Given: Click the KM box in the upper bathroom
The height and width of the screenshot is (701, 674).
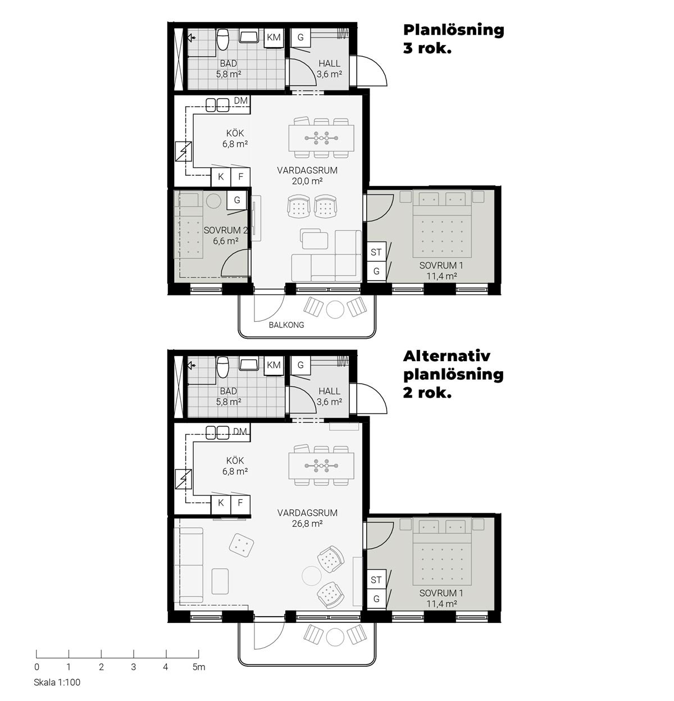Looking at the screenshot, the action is pyautogui.click(x=274, y=38).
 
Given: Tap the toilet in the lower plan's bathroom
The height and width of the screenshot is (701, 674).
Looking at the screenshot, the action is pyautogui.click(x=223, y=367).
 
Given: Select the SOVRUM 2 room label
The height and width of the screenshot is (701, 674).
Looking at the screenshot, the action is pyautogui.click(x=225, y=230).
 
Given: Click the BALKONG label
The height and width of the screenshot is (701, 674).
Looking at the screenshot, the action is pyautogui.click(x=286, y=325).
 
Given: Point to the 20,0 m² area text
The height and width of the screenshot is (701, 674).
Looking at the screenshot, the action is pyautogui.click(x=307, y=181).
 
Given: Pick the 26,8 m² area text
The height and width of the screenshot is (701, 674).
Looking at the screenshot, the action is pyautogui.click(x=307, y=524).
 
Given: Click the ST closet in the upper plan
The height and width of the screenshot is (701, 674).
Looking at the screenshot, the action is pyautogui.click(x=376, y=252).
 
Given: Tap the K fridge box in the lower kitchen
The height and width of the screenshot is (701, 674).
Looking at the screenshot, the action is pyautogui.click(x=221, y=503).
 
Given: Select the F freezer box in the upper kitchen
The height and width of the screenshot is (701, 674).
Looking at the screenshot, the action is pyautogui.click(x=240, y=177).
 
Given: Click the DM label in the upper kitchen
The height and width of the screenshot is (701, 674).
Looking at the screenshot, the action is pyautogui.click(x=240, y=101).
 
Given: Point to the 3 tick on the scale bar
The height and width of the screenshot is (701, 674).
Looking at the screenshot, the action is pyautogui.click(x=134, y=654).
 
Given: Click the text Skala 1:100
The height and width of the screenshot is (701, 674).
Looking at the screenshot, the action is pyautogui.click(x=57, y=682).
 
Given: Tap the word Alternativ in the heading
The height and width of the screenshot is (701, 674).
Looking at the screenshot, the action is pyautogui.click(x=447, y=356).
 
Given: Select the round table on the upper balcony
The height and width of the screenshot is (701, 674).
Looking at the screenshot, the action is pyautogui.click(x=335, y=309).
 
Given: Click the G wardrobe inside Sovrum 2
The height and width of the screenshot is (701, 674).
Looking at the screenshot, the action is pyautogui.click(x=236, y=200).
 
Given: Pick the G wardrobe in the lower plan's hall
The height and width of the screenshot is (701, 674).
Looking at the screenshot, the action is pyautogui.click(x=300, y=365).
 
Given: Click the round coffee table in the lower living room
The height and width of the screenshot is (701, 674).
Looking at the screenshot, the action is pyautogui.click(x=311, y=576).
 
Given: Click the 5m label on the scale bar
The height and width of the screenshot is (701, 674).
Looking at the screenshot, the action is pyautogui.click(x=199, y=667).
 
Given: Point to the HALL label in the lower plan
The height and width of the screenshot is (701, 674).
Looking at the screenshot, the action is pyautogui.click(x=329, y=391).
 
